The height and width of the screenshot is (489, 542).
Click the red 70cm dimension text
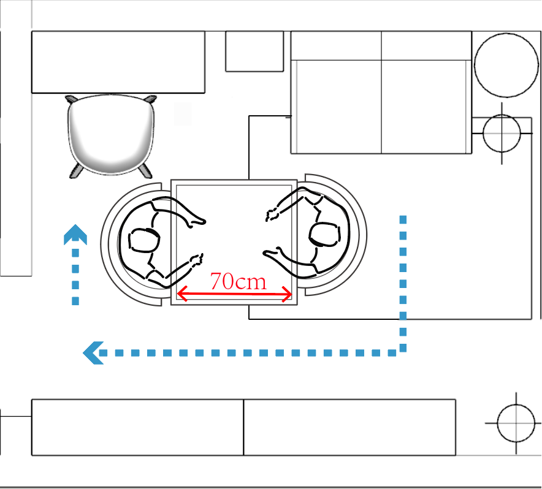[238, 281]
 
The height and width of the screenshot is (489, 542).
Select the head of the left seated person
[142, 240]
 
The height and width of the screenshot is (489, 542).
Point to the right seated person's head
[324, 233]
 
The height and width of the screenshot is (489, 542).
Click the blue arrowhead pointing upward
[75, 235]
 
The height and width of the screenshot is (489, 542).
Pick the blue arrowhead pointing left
[93, 352]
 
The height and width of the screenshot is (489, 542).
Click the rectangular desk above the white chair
[118, 62]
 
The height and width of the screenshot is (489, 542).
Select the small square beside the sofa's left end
[254, 51]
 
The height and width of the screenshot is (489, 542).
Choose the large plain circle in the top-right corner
[506, 65]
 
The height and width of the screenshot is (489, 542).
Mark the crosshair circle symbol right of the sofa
[502, 132]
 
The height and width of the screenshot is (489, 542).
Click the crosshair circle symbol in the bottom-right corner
[515, 423]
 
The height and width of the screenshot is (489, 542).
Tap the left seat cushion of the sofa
[337, 106]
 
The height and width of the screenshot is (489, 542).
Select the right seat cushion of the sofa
[426, 106]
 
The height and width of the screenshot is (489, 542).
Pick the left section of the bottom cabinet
[137, 427]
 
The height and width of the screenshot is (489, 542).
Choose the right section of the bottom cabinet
[349, 427]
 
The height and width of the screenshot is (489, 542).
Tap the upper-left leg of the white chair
[71, 99]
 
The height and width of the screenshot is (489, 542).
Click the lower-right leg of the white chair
[147, 170]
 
